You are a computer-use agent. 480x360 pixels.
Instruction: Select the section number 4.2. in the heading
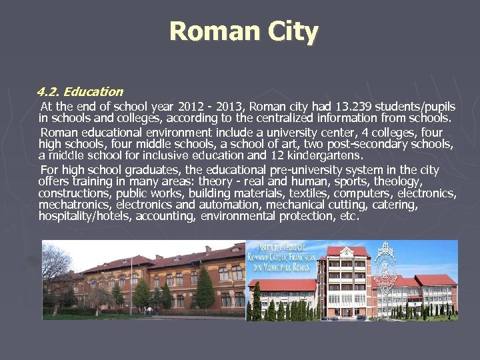[x=49, y=92]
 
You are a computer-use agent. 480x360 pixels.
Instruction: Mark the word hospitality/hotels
[x=85, y=216]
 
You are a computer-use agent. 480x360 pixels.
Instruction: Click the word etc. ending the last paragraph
[x=349, y=216]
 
